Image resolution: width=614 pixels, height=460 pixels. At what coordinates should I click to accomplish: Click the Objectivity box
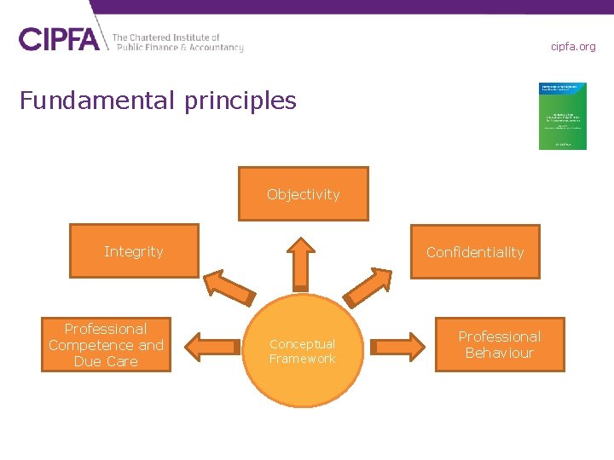click(303, 193)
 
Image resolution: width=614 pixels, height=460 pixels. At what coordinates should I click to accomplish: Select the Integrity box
click(134, 250)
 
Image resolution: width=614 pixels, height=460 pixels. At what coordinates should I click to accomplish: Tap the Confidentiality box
click(475, 251)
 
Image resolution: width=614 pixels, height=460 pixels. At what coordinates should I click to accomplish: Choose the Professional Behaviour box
click(500, 344)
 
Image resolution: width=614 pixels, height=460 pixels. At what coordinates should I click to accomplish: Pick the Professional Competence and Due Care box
click(106, 344)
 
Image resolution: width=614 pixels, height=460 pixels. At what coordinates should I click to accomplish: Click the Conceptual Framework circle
click(303, 351)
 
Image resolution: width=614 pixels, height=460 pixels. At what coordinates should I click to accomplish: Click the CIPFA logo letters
click(59, 39)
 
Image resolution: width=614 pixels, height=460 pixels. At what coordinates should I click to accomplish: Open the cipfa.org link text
click(573, 46)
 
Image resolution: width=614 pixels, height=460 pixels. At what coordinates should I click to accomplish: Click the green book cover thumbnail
click(562, 116)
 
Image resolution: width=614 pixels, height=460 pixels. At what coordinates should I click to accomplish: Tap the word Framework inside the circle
click(303, 359)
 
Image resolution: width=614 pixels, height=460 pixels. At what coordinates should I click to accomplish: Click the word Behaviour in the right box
click(500, 353)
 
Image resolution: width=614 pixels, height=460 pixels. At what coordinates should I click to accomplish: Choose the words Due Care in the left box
click(106, 361)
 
